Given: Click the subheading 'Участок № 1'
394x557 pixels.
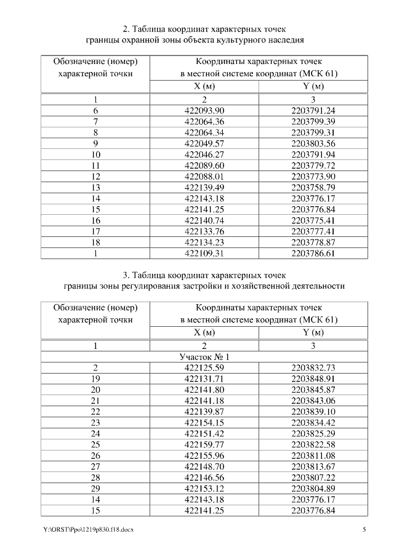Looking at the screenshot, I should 204,357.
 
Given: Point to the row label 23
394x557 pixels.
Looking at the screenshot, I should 95,423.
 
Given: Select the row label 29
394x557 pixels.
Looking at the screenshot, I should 95,489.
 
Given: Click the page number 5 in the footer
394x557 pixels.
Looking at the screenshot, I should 364,530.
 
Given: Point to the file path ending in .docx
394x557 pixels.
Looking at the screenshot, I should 88,530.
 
